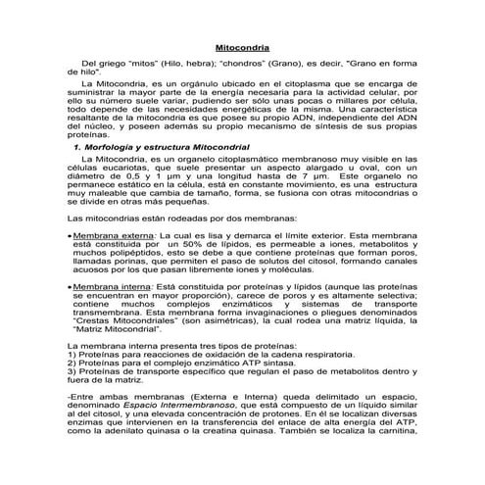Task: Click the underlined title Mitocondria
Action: tap(243, 47)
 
